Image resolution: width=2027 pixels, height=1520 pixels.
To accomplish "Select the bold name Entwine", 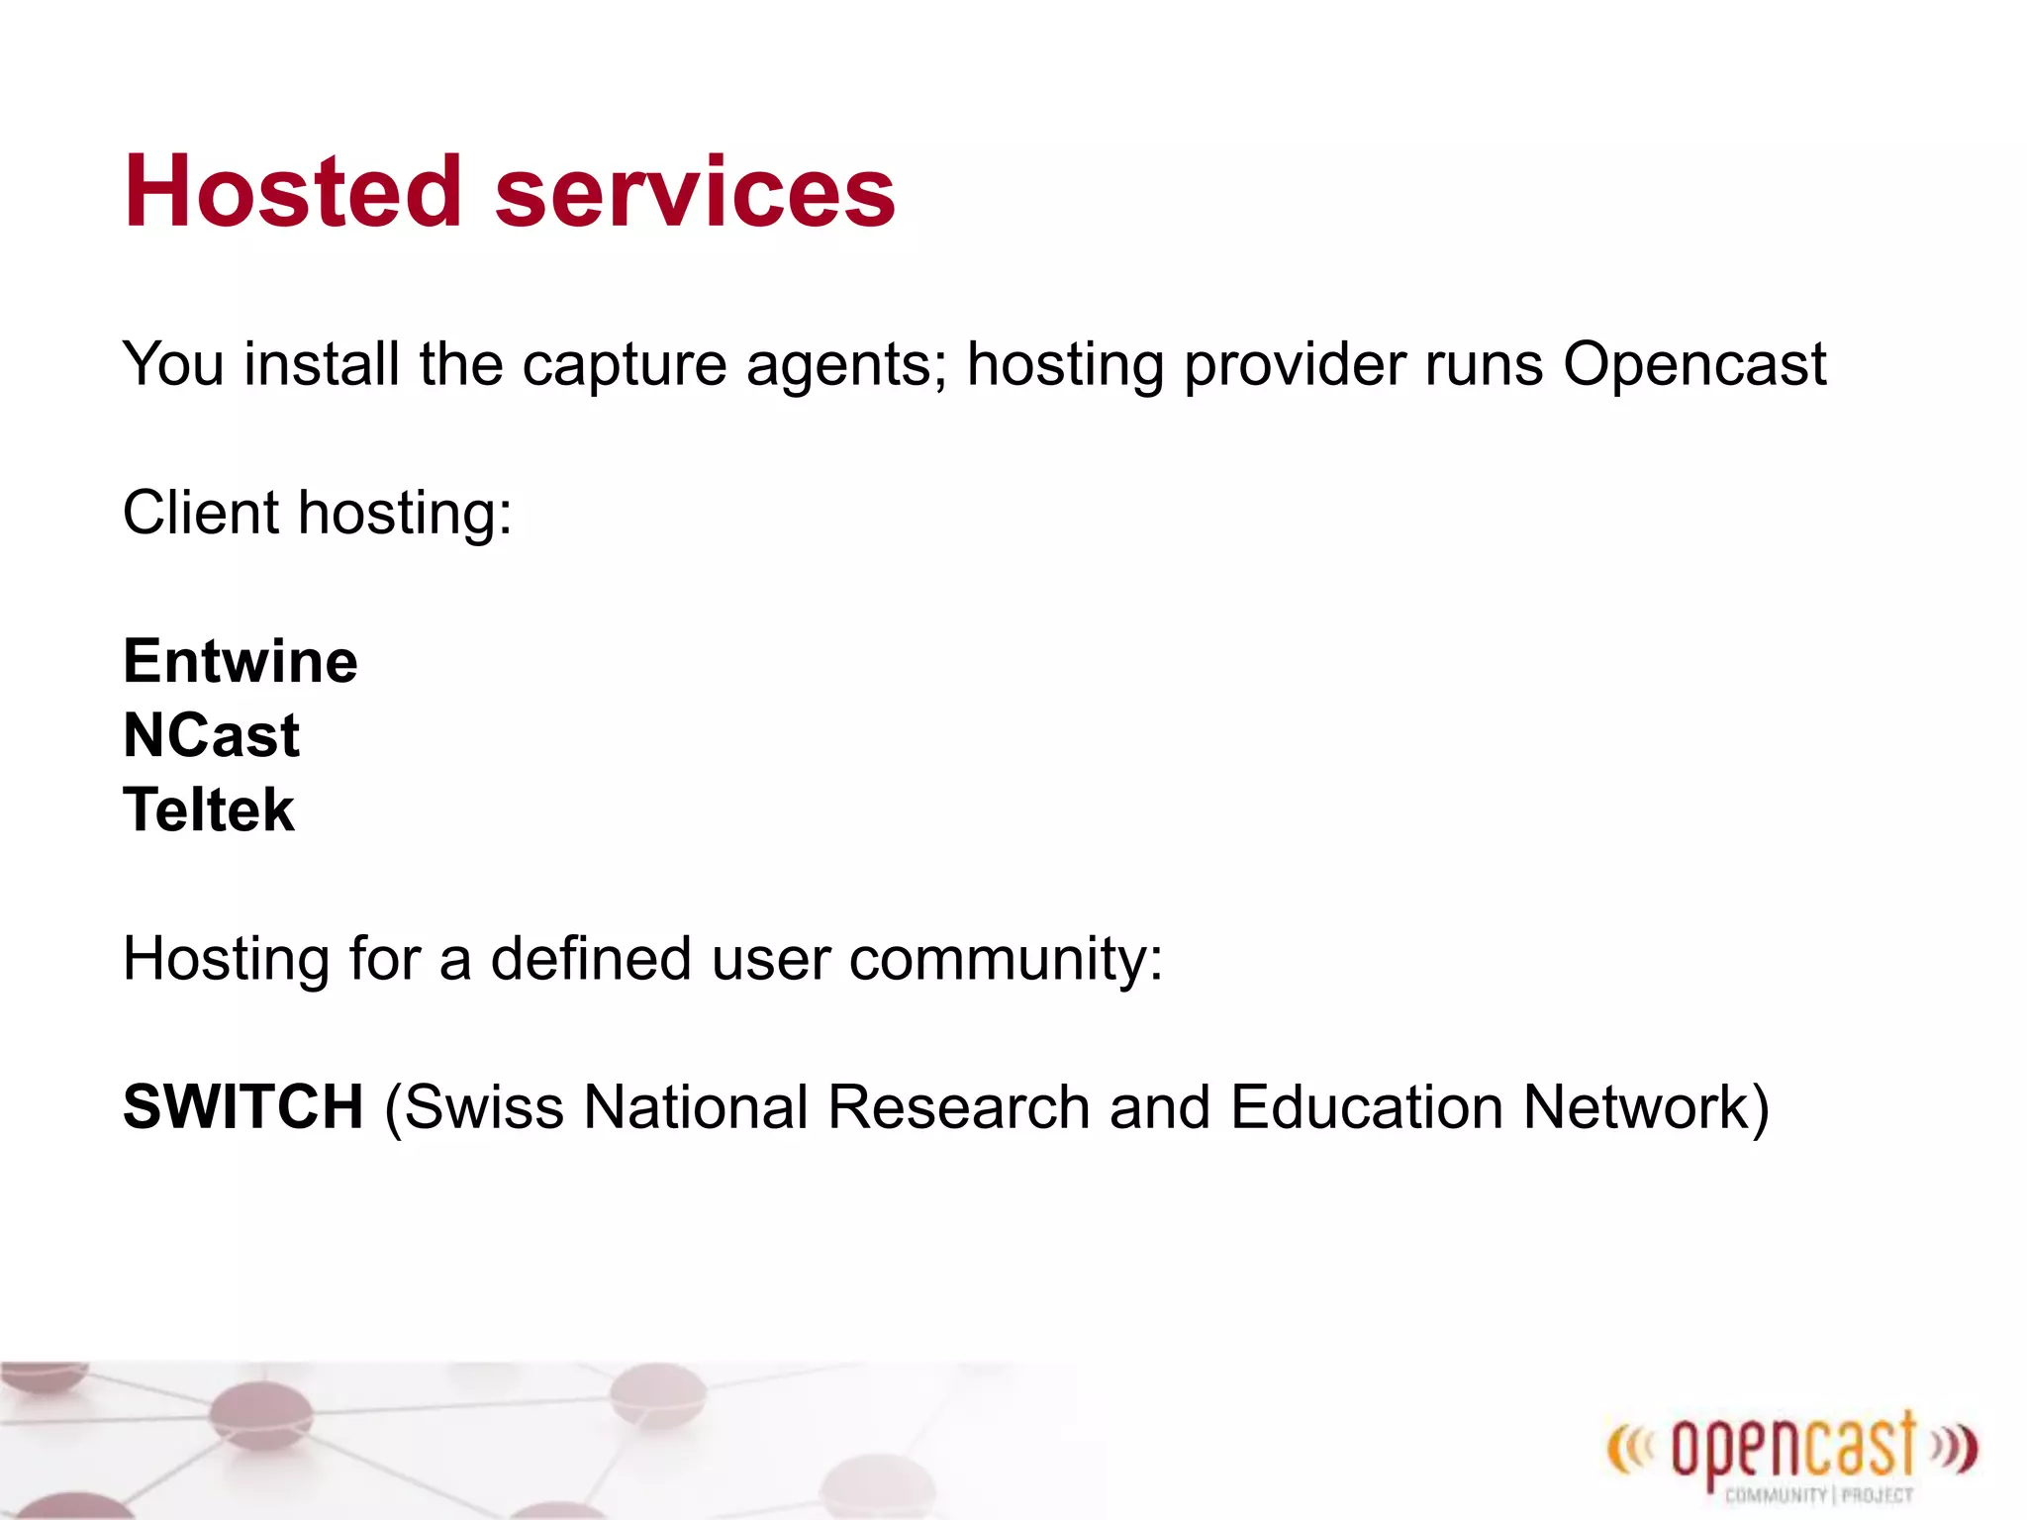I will tap(241, 661).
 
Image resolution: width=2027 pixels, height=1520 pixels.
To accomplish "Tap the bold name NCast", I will tap(211, 735).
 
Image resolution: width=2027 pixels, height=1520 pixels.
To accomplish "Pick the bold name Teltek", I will tap(209, 809).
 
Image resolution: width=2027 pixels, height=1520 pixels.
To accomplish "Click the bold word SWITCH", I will tap(243, 1106).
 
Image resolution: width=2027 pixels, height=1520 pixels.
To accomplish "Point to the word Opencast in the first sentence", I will tap(1694, 365).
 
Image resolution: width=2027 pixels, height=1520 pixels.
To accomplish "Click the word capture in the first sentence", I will tap(625, 365).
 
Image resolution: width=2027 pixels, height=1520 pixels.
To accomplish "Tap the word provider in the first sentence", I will tap(1295, 365).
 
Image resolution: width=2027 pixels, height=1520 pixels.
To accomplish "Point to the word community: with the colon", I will tap(1006, 959).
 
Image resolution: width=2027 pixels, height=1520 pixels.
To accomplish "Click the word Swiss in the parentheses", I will tap(484, 1106).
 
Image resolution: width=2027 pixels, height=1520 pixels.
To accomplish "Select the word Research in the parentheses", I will tap(958, 1106).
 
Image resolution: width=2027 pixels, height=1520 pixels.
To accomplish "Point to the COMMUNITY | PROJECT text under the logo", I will tap(1818, 1495).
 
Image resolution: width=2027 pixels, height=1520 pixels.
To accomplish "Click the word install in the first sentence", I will tap(322, 365).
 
